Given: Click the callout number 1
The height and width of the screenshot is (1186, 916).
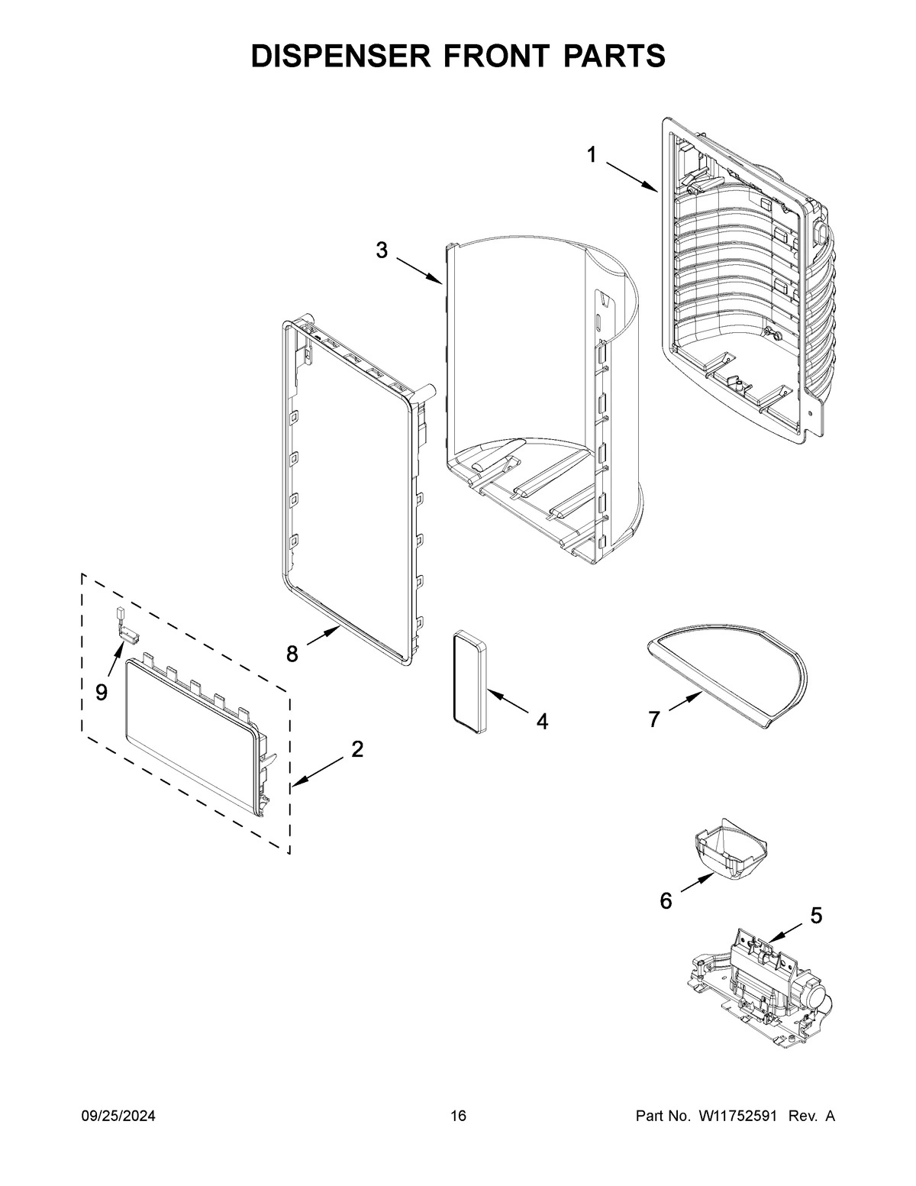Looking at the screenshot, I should click(x=592, y=155).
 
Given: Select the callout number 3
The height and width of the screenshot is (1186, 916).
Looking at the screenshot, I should click(x=382, y=250).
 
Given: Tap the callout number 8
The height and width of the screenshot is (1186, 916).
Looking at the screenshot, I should click(x=292, y=654).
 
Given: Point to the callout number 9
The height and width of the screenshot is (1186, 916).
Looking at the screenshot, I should click(x=102, y=692).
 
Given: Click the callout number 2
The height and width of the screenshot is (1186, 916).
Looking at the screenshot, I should click(x=357, y=749).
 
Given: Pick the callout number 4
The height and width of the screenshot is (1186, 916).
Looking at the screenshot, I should click(x=541, y=721).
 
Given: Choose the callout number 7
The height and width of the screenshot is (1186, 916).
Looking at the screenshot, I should click(x=654, y=719).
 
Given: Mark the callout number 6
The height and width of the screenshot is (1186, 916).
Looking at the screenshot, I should click(x=666, y=902).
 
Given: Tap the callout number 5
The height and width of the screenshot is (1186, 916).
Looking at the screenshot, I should click(x=816, y=915).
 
